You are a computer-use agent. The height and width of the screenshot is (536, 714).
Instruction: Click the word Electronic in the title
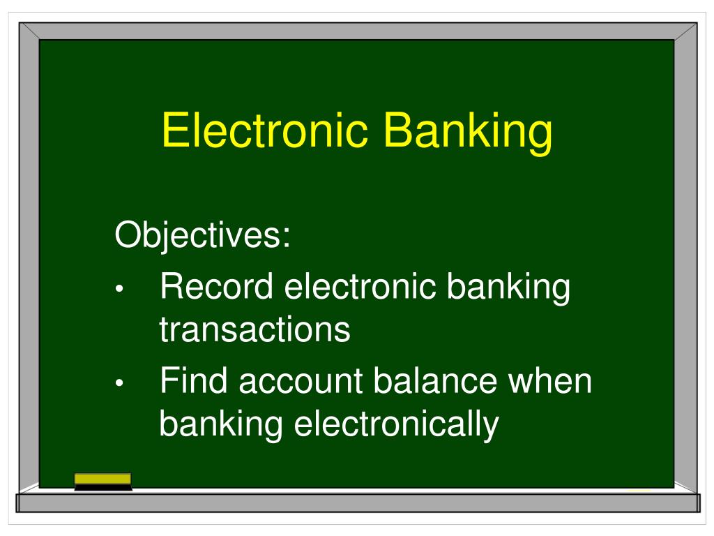click(x=266, y=131)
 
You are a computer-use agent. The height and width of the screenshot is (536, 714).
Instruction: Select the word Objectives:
click(x=202, y=237)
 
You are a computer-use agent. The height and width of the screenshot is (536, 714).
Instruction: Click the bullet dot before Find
click(x=121, y=385)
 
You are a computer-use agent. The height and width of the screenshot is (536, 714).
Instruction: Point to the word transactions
click(x=255, y=329)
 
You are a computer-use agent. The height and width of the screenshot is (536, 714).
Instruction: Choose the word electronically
click(x=396, y=424)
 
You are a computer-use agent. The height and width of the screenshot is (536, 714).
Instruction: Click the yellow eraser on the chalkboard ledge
click(x=102, y=481)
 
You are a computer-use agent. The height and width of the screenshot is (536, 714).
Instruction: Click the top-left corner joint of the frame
click(x=29, y=31)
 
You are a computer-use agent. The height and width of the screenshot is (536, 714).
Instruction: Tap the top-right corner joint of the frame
click(x=686, y=31)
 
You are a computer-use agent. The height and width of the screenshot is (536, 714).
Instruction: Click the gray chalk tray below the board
click(x=357, y=503)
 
